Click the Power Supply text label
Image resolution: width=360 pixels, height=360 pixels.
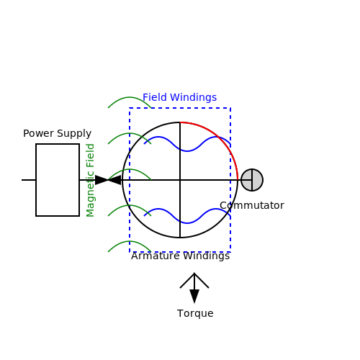[57, 133]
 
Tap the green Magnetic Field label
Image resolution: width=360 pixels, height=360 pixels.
[90, 180]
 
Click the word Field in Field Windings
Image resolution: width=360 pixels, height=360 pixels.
[155, 97]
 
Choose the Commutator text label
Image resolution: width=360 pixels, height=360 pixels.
[252, 205]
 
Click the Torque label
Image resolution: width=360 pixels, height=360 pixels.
[195, 314]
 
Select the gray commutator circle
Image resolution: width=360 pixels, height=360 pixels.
[252, 180]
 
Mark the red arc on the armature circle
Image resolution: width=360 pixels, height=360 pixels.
[221, 139]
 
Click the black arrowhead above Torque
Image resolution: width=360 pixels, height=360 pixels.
[194, 297]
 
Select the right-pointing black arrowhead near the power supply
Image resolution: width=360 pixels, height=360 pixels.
[102, 180]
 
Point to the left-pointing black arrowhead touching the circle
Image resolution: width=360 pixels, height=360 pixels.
[114, 180]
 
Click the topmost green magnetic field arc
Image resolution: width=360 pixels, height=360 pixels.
[130, 97]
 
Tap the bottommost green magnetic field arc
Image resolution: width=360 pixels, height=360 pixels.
[130, 241]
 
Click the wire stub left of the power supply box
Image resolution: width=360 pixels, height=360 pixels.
[29, 180]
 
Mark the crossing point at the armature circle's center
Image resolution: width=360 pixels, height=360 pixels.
[180, 180]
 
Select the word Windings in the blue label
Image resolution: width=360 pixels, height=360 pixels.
[194, 97]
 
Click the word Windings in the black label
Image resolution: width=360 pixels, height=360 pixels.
[207, 256]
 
